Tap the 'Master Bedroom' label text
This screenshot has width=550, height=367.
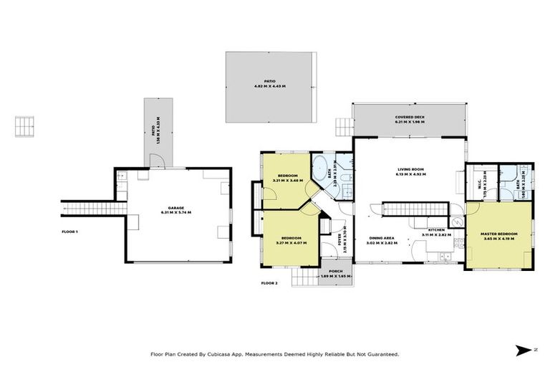pyautogui.click(x=498, y=234)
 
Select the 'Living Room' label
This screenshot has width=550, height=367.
pyautogui.click(x=412, y=169)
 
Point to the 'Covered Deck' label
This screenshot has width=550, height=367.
pyautogui.click(x=409, y=117)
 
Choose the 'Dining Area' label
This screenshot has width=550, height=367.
pyautogui.click(x=380, y=238)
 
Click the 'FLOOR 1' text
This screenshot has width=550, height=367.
pyautogui.click(x=69, y=232)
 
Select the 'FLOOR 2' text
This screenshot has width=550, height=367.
pyautogui.click(x=269, y=283)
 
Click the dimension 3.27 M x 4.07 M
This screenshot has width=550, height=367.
pyautogui.click(x=291, y=242)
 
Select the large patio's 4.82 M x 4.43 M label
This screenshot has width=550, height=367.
pyautogui.click(x=269, y=86)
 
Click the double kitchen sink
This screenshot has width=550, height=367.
pyautogui.click(x=445, y=254)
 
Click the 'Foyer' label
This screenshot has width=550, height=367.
pyautogui.click(x=339, y=244)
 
